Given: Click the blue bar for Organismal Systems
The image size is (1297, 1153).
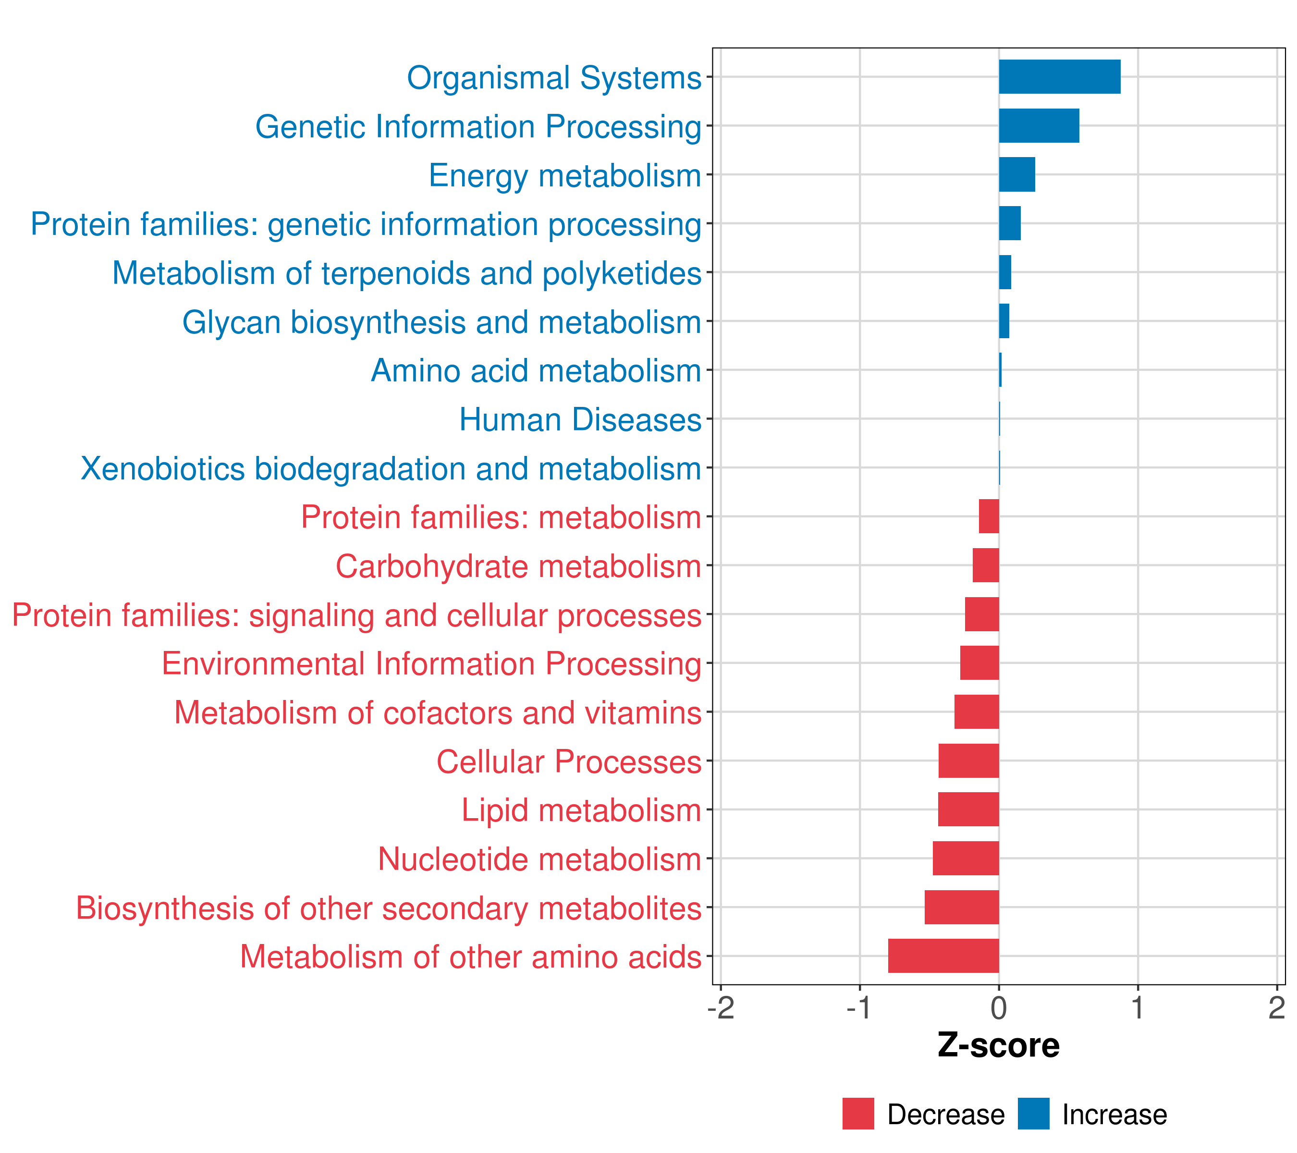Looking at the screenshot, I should (1059, 77).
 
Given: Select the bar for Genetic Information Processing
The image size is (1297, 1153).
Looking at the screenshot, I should (1039, 126).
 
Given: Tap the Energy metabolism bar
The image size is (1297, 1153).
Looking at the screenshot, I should (1016, 174).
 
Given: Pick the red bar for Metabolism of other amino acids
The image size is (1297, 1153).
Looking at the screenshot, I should (943, 956).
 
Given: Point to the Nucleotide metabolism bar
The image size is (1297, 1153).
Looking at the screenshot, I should (965, 858).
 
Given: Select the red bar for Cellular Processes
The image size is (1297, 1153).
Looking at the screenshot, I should (968, 760).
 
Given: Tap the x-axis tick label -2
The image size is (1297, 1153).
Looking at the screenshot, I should (721, 1008).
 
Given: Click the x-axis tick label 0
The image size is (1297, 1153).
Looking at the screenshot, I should (999, 1008).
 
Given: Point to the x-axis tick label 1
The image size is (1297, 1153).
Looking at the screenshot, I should (1138, 1008).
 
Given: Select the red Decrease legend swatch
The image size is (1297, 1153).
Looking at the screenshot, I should (858, 1114).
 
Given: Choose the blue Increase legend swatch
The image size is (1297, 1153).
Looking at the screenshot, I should (1033, 1114).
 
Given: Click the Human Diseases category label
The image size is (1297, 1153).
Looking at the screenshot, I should (580, 419).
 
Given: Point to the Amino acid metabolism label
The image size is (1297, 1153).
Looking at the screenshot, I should (536, 370).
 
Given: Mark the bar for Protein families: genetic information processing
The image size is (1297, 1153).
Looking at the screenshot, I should (1010, 223).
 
